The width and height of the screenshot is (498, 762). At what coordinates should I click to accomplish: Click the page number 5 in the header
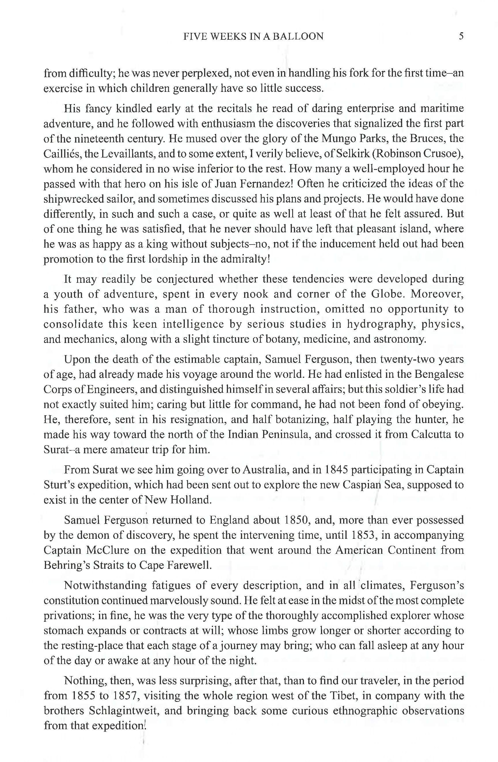[461, 36]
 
